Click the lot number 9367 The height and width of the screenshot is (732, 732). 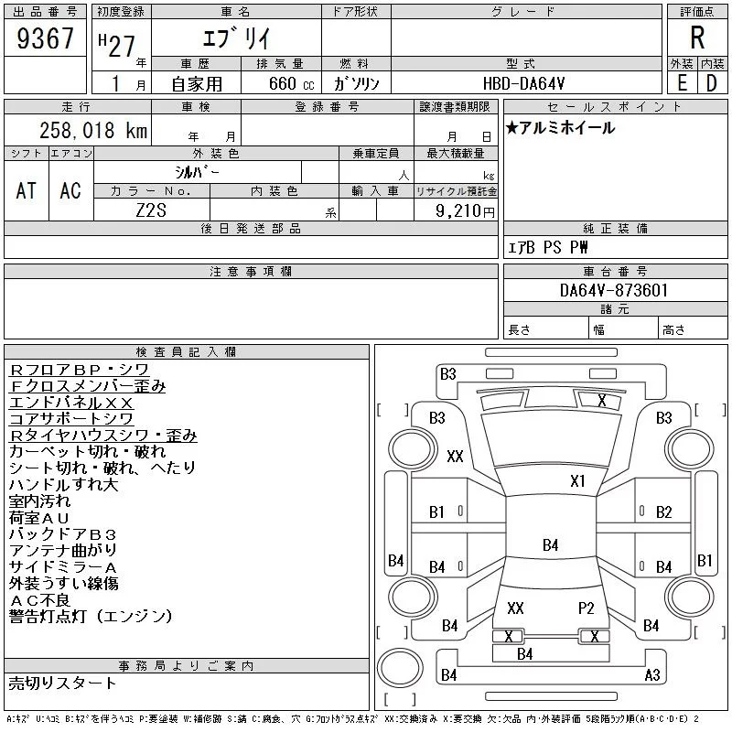point(45,38)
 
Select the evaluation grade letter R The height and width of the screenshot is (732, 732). point(697,38)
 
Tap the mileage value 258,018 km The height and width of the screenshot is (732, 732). point(93,130)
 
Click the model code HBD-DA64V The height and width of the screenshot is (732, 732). point(523,83)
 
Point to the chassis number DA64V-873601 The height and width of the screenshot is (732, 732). point(614,290)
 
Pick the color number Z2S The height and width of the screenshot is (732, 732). point(151,210)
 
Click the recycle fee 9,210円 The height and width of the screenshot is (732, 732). point(465,211)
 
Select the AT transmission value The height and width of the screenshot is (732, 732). point(27,191)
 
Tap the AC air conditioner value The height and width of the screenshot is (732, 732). point(70,191)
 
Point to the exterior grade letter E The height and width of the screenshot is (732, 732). point(682,83)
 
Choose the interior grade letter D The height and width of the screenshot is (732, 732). point(712,83)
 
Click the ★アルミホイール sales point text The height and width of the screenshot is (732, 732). point(560,127)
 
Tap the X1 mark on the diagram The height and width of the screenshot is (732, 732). point(577,481)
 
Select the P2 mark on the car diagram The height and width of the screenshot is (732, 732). point(586,608)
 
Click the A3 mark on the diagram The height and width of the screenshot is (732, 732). point(652,675)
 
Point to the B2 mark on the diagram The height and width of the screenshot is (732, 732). point(664,512)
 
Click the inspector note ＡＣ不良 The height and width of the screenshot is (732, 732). point(39,600)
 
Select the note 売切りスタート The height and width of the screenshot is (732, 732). point(62,684)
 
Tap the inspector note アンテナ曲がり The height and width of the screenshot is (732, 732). point(63,551)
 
